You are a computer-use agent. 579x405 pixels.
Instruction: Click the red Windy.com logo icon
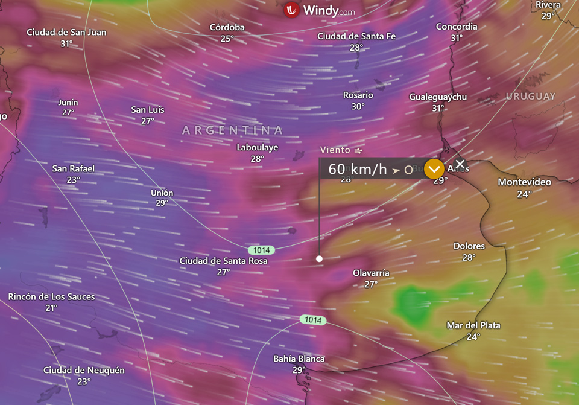pyautogui.click(x=292, y=10)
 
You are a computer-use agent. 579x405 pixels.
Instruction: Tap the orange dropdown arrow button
pyautogui.click(x=434, y=169)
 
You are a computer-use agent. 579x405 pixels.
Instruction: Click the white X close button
pyautogui.click(x=460, y=164)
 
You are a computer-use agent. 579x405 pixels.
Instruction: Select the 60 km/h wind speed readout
pyautogui.click(x=357, y=170)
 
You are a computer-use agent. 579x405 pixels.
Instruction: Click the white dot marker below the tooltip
pyautogui.click(x=320, y=258)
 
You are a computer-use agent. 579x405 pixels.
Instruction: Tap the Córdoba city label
pyautogui.click(x=227, y=27)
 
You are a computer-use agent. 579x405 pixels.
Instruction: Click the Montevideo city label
pyautogui.click(x=524, y=182)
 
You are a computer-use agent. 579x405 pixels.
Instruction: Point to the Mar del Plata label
pyautogui.click(x=473, y=325)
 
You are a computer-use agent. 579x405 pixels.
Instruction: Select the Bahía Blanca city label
pyautogui.click(x=299, y=359)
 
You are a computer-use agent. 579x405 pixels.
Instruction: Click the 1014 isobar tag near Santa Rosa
pyautogui.click(x=261, y=250)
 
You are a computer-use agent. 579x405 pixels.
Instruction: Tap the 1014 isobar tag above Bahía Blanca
pyautogui.click(x=313, y=320)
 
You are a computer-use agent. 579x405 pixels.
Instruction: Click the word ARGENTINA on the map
pyautogui.click(x=233, y=130)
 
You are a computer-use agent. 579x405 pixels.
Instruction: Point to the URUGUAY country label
pyautogui.click(x=531, y=96)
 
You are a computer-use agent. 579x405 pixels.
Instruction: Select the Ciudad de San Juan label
pyautogui.click(x=66, y=32)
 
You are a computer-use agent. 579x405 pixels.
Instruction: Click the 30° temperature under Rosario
pyautogui.click(x=358, y=106)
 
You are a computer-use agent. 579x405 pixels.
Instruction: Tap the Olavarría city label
pyautogui.click(x=371, y=273)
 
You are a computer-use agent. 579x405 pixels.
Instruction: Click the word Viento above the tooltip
pyautogui.click(x=335, y=150)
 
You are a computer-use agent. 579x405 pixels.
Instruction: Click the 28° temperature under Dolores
pyautogui.click(x=469, y=257)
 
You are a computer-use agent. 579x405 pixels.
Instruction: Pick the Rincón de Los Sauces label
pyautogui.click(x=51, y=296)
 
